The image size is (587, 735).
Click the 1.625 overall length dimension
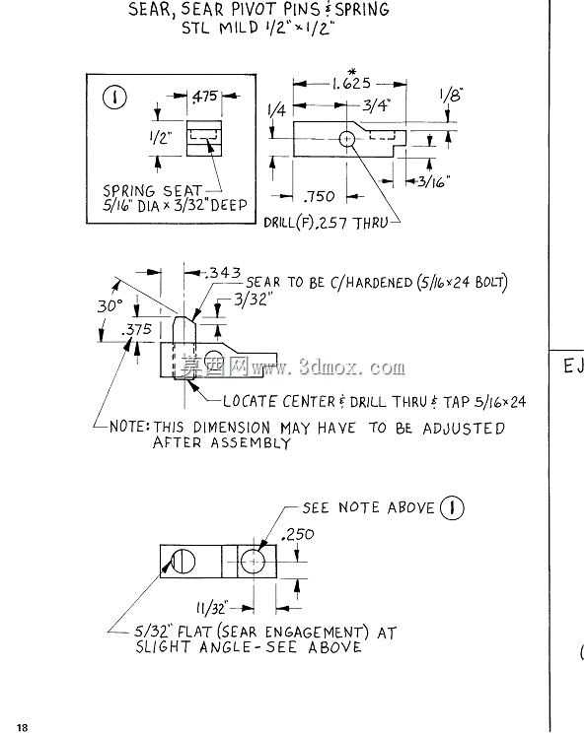pos(351,84)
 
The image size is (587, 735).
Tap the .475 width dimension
pos(205,97)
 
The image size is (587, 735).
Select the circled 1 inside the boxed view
pos(114,98)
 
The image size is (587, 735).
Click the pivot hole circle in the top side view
pos(346,138)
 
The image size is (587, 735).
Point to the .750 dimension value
pos(319,196)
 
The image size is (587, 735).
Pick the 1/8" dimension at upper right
pos(451,96)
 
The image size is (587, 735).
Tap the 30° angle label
pos(110,306)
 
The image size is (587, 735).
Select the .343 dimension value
pos(223,273)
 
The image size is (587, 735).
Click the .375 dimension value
pos(136,329)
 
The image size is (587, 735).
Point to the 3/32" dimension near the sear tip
pos(254,300)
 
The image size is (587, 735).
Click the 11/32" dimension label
pos(211,608)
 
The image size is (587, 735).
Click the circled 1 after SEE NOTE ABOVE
pos(452,507)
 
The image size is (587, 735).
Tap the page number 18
pos(23,727)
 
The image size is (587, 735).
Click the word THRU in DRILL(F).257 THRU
pos(371,223)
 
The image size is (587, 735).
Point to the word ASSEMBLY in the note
pos(251,442)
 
